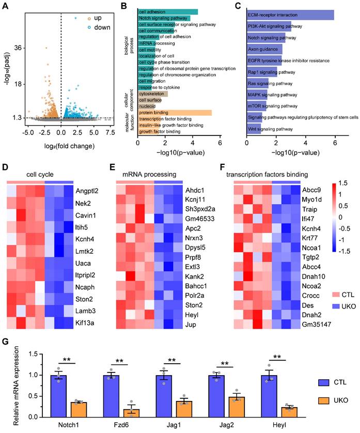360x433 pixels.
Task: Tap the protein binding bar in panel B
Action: point(175,112)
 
